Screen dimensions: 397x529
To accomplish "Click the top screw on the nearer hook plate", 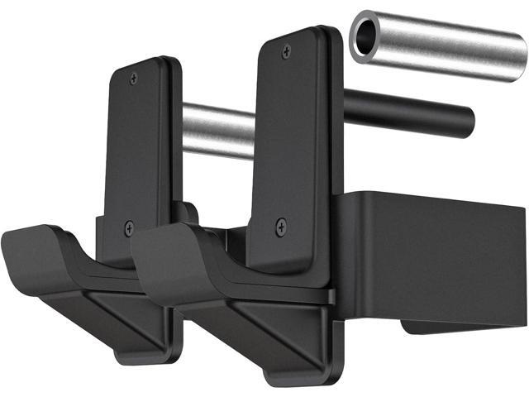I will pyautogui.click(x=286, y=51).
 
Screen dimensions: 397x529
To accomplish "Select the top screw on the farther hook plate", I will pyautogui.click(x=134, y=78).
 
